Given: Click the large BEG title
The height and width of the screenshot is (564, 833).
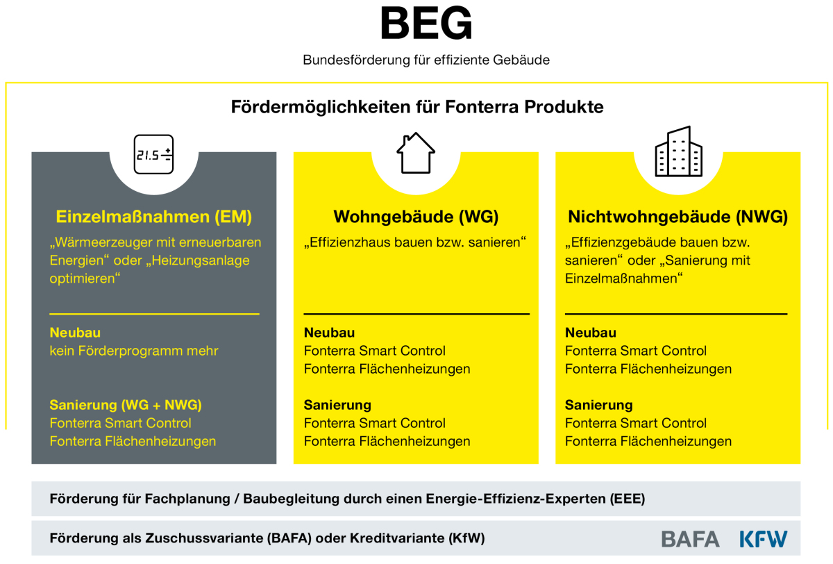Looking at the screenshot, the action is (x=426, y=24).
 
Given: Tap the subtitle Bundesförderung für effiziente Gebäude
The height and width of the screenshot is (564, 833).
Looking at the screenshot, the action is (x=426, y=60).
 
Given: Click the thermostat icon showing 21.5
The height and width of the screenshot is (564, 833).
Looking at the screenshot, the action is (x=153, y=154).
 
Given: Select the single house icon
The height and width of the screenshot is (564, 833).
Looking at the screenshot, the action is (x=416, y=153).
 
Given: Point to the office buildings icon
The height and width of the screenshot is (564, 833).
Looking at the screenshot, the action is (x=679, y=151).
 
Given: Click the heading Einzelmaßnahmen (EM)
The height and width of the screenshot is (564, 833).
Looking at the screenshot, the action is (x=154, y=217).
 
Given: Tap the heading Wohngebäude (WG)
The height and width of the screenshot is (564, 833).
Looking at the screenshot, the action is (x=416, y=217).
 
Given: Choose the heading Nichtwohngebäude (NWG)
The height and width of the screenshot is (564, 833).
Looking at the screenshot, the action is (x=678, y=217).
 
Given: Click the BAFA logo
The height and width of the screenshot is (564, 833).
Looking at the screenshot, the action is (x=690, y=539).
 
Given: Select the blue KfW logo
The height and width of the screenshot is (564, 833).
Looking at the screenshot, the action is (x=764, y=539).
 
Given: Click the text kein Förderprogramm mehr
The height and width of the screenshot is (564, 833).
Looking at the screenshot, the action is (x=134, y=351).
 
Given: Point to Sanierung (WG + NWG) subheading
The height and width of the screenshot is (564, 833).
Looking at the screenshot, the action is (x=126, y=405).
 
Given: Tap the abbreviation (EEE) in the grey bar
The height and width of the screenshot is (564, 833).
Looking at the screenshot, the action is (x=628, y=499).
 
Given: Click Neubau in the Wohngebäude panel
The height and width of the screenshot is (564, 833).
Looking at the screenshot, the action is (x=329, y=333).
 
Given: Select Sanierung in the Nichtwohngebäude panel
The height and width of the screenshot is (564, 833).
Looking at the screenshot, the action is (x=598, y=405).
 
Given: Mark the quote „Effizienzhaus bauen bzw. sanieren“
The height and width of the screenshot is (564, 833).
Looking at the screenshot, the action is (x=415, y=242).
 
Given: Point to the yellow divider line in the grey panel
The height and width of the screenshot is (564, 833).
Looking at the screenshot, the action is (x=154, y=314).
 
